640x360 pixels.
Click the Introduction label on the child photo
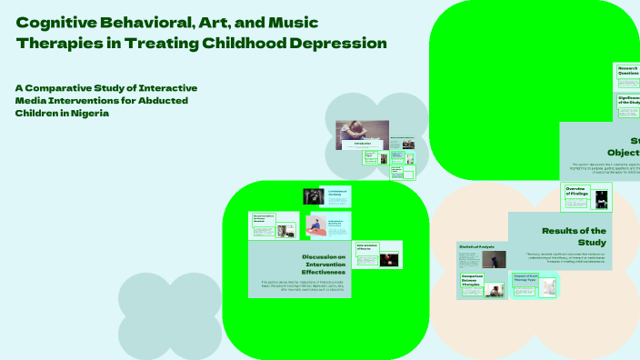coord(362,144)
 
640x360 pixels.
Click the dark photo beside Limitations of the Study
coord(313,196)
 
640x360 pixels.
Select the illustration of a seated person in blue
coord(315,225)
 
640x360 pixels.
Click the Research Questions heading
coord(628,70)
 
